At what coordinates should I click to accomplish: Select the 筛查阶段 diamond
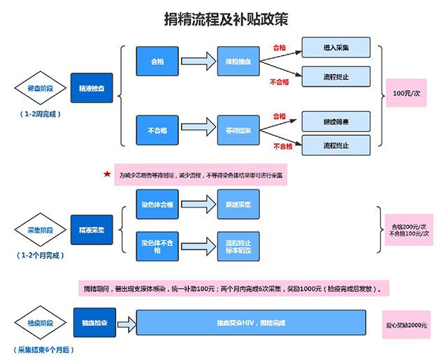click(x=40, y=89)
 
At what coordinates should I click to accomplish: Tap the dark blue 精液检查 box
click(x=92, y=89)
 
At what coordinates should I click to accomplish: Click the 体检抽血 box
click(x=238, y=62)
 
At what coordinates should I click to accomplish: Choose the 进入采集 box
click(x=336, y=48)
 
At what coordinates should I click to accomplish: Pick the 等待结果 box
click(x=238, y=131)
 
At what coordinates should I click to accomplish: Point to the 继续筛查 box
click(x=336, y=120)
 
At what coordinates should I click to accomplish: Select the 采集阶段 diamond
click(x=40, y=230)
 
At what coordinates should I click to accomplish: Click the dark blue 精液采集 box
click(x=92, y=230)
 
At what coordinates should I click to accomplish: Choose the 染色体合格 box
click(x=157, y=204)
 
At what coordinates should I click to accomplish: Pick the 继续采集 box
click(x=238, y=204)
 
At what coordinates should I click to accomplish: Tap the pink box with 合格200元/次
click(x=408, y=230)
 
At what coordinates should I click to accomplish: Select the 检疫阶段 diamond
click(x=40, y=324)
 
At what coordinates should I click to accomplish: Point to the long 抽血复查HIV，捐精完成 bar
click(x=252, y=324)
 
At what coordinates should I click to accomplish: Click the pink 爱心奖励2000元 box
click(x=406, y=326)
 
